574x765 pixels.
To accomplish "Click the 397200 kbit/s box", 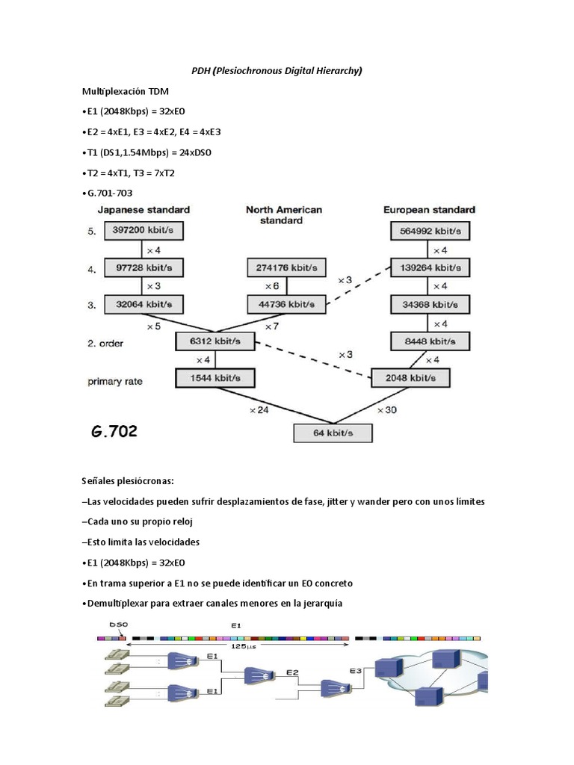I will tap(143, 232).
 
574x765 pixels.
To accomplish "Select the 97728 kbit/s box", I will tap(143, 267).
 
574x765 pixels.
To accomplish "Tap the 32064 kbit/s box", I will tap(143, 304).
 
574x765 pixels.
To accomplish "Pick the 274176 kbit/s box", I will tap(286, 267).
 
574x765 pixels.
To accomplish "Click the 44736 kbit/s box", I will tap(286, 304).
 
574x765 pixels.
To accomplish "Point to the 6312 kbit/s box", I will tap(215, 341).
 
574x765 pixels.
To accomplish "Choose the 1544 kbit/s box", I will tap(215, 378).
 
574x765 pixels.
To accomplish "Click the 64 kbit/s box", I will tap(333, 433).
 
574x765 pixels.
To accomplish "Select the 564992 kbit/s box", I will tap(430, 232).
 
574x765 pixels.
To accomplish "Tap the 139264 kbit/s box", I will tap(430, 267).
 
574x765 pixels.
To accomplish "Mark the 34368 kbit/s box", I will tap(430, 304).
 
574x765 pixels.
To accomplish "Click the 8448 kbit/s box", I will tap(430, 341).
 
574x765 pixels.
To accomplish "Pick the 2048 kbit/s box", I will tap(411, 378).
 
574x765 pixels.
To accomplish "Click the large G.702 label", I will tap(114, 432).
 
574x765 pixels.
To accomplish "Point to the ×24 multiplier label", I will tap(259, 410).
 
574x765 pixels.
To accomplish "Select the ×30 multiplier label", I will tap(387, 410).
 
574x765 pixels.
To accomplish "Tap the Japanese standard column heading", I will tap(143, 210).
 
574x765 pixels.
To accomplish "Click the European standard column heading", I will tap(430, 210).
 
